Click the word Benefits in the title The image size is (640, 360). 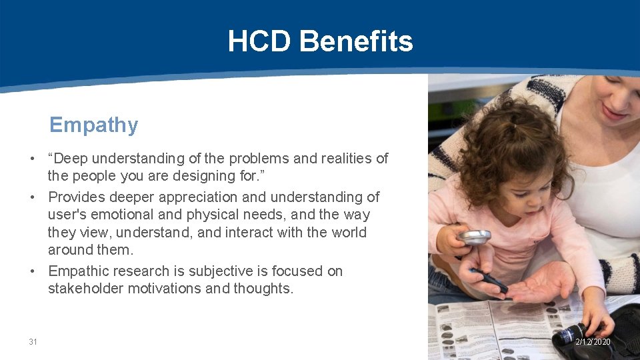coord(356,41)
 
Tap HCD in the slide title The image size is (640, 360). coord(259,41)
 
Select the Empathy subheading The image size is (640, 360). coord(93,125)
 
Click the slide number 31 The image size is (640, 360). coord(33,342)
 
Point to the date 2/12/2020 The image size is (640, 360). coord(593,342)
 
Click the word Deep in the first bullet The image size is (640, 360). coord(71,159)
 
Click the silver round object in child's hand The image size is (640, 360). coord(474,236)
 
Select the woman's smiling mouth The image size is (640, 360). coord(613,112)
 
